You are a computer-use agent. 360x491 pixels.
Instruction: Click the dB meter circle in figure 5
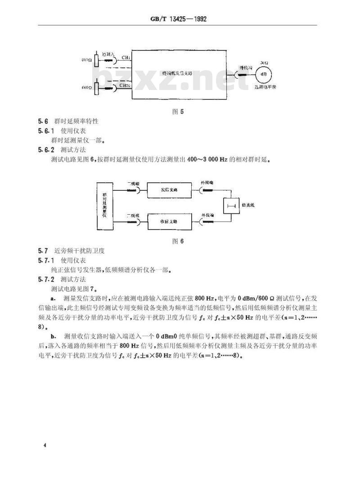click(264, 74)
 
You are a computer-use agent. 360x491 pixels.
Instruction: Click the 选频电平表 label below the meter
click(265, 88)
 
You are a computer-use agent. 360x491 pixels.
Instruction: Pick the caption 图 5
click(179, 112)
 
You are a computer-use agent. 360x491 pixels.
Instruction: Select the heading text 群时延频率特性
click(80, 122)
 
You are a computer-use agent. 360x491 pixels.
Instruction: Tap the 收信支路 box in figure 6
click(169, 222)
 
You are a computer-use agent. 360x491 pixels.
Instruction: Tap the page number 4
click(45, 445)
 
